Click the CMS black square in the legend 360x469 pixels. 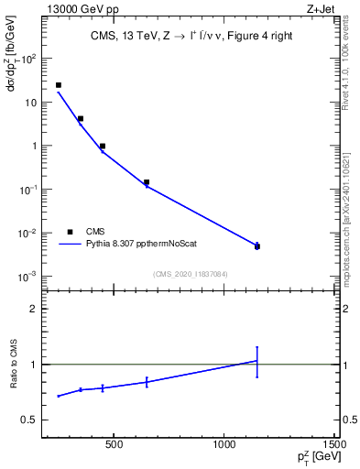[x=70, y=232]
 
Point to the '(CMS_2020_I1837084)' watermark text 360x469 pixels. [x=190, y=274]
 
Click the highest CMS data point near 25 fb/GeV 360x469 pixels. [x=59, y=85]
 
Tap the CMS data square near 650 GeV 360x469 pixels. [x=147, y=182]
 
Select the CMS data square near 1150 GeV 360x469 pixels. [x=257, y=246]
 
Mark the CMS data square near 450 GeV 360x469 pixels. [x=103, y=146]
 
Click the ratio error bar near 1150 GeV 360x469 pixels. [x=257, y=362]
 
